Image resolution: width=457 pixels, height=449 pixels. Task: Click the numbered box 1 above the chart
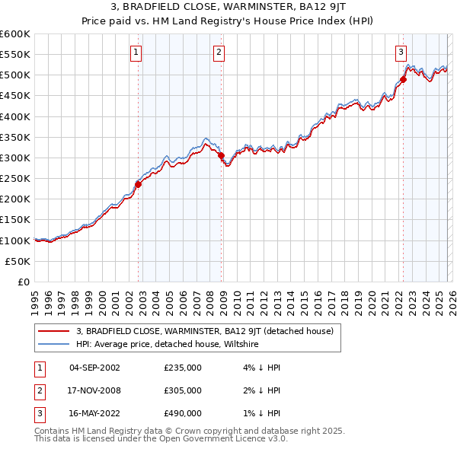pyautogui.click(x=136, y=53)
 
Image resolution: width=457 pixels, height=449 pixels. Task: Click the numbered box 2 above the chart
pyautogui.click(x=219, y=53)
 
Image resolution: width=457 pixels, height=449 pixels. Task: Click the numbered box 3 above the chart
pyautogui.click(x=401, y=53)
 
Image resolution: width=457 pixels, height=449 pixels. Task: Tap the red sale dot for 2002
pyautogui.click(x=138, y=184)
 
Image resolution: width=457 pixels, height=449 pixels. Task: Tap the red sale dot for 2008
pyautogui.click(x=222, y=156)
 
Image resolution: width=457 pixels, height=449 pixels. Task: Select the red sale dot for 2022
pyautogui.click(x=404, y=79)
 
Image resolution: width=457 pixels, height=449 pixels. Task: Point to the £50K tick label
pyautogui.click(x=18, y=261)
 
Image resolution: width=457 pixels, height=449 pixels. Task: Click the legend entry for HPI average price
pyautogui.click(x=168, y=345)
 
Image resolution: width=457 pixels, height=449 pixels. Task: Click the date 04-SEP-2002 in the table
pyautogui.click(x=94, y=368)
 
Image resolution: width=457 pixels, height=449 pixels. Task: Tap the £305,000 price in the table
pyautogui.click(x=183, y=390)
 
